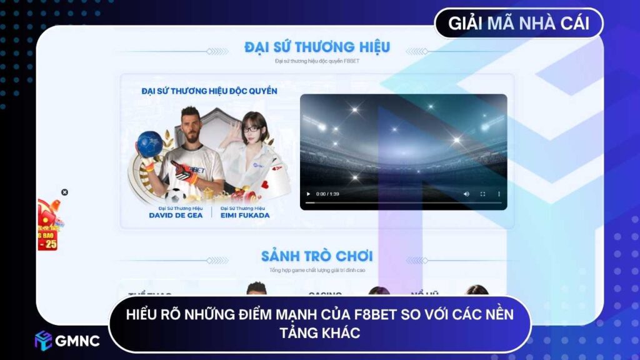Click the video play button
308,194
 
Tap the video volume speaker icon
466,194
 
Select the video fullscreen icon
482,194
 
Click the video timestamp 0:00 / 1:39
327,194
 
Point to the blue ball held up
149,144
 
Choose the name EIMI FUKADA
244,215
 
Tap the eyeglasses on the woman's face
252,129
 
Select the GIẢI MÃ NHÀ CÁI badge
519,24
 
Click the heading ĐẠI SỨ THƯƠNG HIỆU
317,47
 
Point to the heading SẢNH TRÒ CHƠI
317,256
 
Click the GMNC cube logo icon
43,340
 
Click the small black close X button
64,192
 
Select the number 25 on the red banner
50,244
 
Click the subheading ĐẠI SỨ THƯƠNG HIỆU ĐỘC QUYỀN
209,91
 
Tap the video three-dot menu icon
498,194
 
